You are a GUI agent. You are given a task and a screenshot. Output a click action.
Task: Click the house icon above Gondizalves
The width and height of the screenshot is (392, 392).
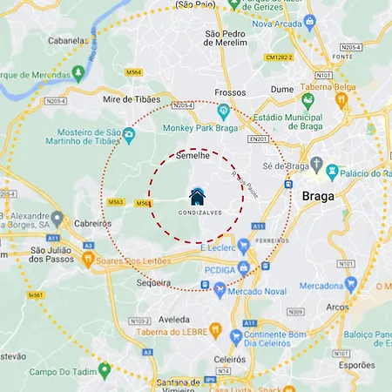tap(197, 196)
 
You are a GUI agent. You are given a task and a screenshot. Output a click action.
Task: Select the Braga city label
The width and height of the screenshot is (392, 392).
tap(317, 196)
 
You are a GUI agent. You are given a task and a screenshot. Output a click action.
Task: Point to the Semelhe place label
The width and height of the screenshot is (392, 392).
tap(193, 156)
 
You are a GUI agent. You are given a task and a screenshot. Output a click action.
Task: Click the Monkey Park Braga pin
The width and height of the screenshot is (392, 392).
tap(223, 111)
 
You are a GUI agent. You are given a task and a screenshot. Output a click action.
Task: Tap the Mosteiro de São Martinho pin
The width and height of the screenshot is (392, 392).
tap(129, 135)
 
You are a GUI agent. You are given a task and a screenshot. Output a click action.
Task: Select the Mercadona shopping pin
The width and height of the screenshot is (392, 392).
tap(351, 285)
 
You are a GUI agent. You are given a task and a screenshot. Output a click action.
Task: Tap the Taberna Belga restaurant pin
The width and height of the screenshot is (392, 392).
tap(342, 100)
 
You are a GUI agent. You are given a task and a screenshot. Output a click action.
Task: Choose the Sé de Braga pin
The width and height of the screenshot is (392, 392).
tap(317, 165)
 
